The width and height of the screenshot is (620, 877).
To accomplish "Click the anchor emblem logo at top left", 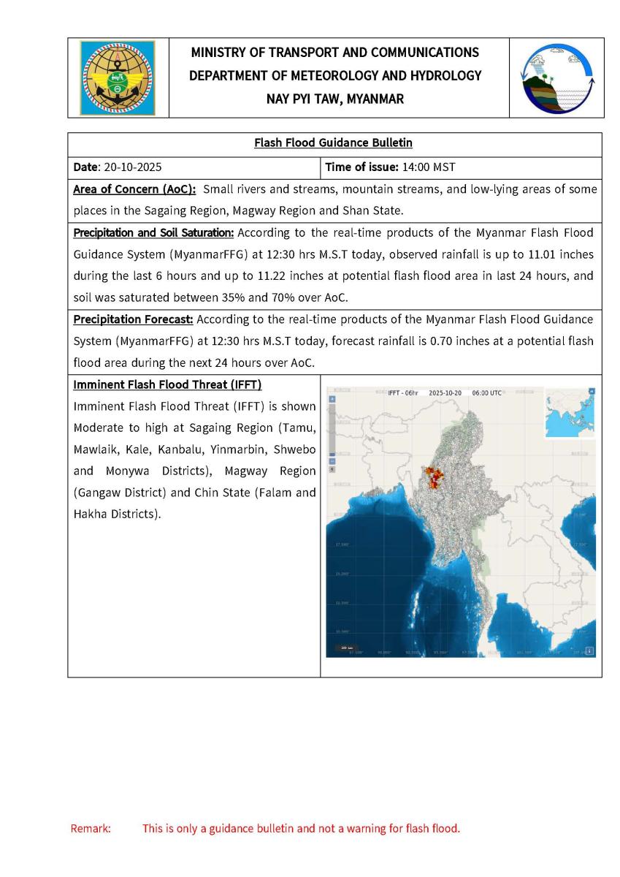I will [118, 77].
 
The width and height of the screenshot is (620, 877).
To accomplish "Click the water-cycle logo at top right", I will [557, 77].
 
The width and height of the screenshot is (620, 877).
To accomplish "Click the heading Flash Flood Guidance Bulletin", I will [334, 143].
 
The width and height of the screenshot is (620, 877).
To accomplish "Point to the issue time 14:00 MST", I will [429, 167].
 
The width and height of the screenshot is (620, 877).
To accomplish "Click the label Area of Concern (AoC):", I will [134, 189].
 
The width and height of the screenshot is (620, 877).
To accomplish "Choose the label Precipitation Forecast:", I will [133, 319].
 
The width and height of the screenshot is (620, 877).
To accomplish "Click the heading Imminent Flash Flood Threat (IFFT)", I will [167, 384].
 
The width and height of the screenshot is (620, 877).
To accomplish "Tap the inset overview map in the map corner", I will [570, 412].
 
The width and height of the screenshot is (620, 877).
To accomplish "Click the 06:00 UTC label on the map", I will [486, 393].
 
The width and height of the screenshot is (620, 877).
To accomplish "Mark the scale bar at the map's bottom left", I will [345, 648].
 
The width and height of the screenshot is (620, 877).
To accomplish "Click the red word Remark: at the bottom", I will [91, 829].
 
